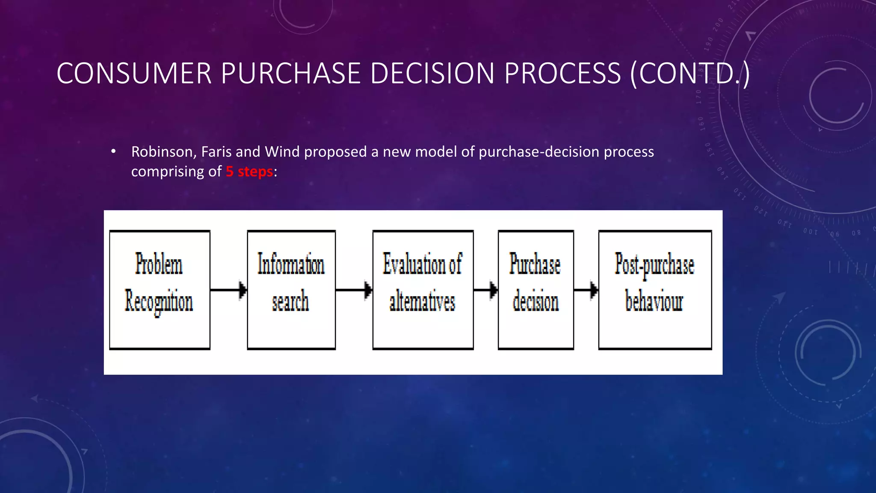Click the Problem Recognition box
[x=160, y=290]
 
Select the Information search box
[x=291, y=290]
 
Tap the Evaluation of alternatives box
[x=423, y=290]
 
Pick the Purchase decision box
[x=536, y=290]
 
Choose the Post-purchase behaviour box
[x=655, y=290]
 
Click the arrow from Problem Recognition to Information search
[x=228, y=290]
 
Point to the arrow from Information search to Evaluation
[x=354, y=290]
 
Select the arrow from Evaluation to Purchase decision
[x=485, y=290]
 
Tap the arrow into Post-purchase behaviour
[x=586, y=290]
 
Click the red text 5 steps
[x=249, y=172]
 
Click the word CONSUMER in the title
[x=134, y=73]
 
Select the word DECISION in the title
[x=432, y=73]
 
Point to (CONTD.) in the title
[x=690, y=73]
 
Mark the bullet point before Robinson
[x=113, y=151]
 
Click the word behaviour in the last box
[x=654, y=301]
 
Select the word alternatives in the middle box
[x=422, y=301]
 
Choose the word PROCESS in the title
[x=562, y=73]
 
